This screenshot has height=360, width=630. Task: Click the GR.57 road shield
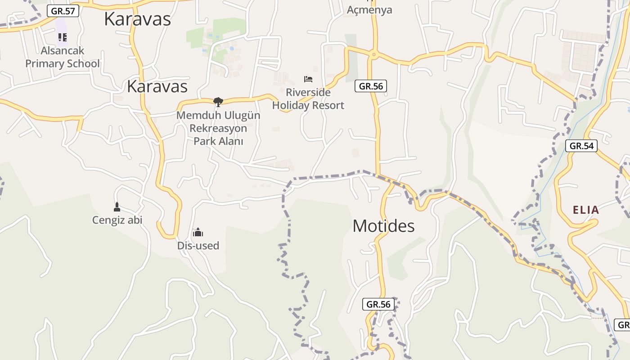63,11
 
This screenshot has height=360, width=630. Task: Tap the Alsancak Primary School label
62,57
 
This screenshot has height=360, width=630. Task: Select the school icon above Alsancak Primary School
62,37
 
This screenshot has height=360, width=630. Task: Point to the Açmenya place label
369,9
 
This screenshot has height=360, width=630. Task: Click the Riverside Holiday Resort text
308,99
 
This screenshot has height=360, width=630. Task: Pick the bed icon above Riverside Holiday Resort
308,79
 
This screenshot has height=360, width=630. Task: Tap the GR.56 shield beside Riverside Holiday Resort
371,86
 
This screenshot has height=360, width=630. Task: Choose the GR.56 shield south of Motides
378,304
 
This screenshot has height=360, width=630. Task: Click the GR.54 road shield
581,146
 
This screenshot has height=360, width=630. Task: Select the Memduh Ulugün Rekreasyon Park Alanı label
218,128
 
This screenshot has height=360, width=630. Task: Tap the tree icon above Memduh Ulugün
218,102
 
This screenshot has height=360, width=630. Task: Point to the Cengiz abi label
117,220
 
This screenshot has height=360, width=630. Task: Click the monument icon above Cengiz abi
117,207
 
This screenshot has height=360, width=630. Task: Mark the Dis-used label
198,246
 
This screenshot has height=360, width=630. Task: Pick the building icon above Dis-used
198,233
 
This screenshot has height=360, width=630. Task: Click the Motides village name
383,226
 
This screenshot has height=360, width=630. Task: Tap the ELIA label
586,210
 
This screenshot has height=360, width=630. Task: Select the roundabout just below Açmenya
373,54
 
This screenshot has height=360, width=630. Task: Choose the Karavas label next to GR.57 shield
137,19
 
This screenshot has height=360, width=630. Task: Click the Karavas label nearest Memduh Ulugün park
157,86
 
